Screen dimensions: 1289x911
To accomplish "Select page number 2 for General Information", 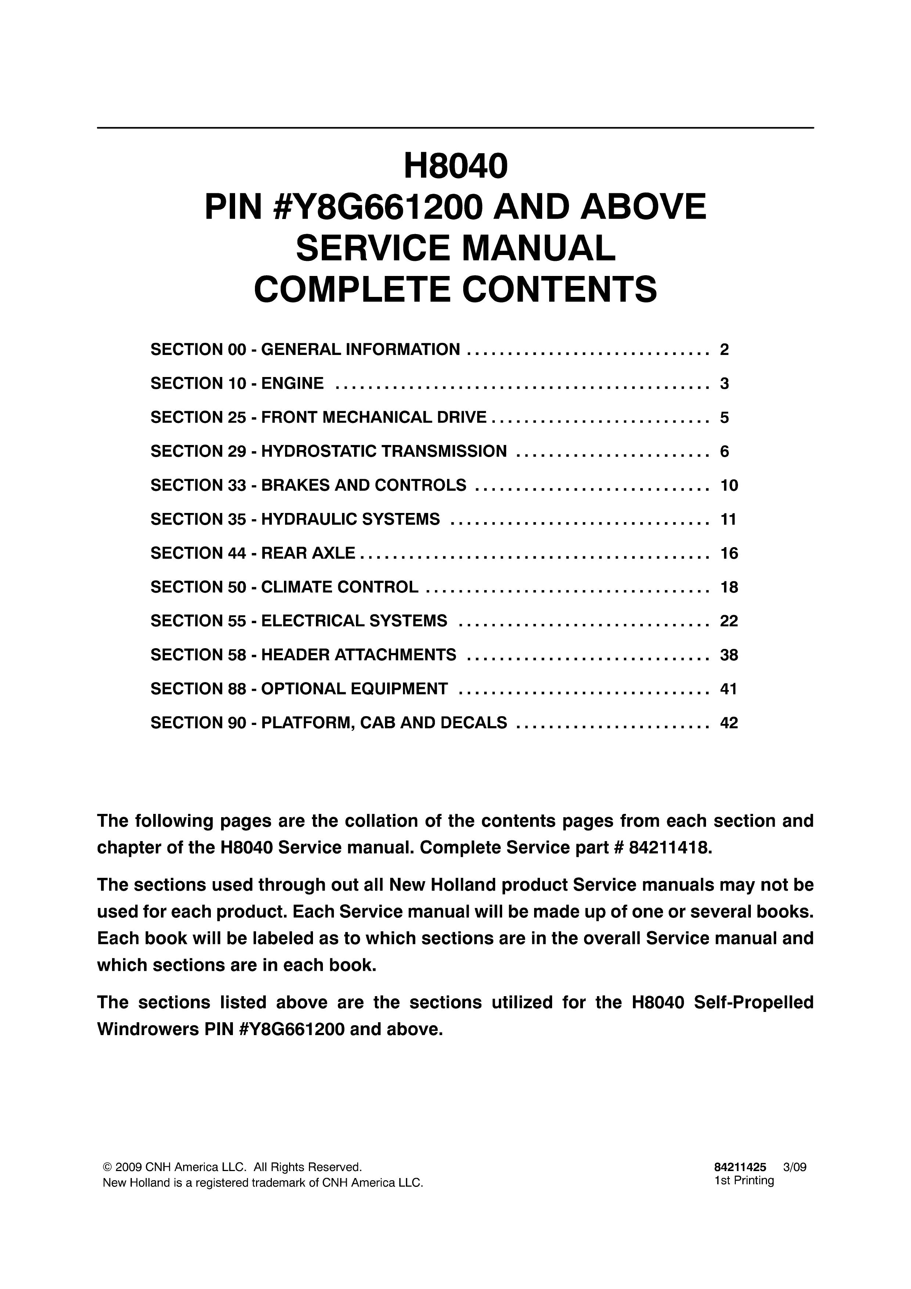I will [x=724, y=350].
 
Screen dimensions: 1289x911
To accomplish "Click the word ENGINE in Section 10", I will [x=292, y=384].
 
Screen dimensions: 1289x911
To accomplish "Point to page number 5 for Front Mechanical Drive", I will [x=724, y=418].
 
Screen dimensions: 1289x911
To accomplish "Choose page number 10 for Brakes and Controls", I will [x=728, y=486].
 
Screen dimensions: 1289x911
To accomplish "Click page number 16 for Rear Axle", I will [x=728, y=553].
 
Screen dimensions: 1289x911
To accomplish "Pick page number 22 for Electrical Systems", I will [x=728, y=621].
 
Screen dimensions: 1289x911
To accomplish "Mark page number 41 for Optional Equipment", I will [x=728, y=689].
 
